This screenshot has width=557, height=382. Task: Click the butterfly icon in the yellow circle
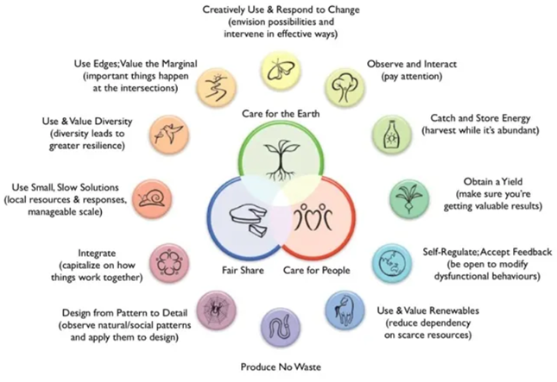pyautogui.click(x=281, y=70)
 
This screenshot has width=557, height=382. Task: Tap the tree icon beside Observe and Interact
pyautogui.click(x=345, y=87)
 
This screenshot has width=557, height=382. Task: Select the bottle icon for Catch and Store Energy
pyautogui.click(x=391, y=134)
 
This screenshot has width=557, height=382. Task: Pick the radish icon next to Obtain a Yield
pyautogui.click(x=409, y=198)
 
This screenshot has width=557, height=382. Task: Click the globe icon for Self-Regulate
pyautogui.click(x=392, y=264)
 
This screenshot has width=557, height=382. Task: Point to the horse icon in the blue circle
pyautogui.click(x=345, y=310)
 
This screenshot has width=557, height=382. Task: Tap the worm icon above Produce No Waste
pyautogui.click(x=281, y=328)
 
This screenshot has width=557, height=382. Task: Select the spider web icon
pyautogui.click(x=217, y=310)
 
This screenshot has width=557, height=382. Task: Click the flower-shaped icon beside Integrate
pyautogui.click(x=168, y=263)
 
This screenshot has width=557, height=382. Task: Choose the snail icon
pyautogui.click(x=152, y=198)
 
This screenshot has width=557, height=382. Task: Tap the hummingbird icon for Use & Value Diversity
pyautogui.click(x=169, y=134)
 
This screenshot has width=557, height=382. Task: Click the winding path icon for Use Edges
pyautogui.click(x=217, y=86)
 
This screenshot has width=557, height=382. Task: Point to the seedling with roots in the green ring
pyautogui.click(x=281, y=160)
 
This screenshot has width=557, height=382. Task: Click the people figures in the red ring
pyautogui.click(x=313, y=216)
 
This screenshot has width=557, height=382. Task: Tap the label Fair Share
pyautogui.click(x=243, y=270)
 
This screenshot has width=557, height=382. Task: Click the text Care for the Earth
pyautogui.click(x=281, y=114)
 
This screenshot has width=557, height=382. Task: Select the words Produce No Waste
pyautogui.click(x=281, y=366)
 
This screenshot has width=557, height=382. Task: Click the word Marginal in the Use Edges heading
pyautogui.click(x=180, y=64)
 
